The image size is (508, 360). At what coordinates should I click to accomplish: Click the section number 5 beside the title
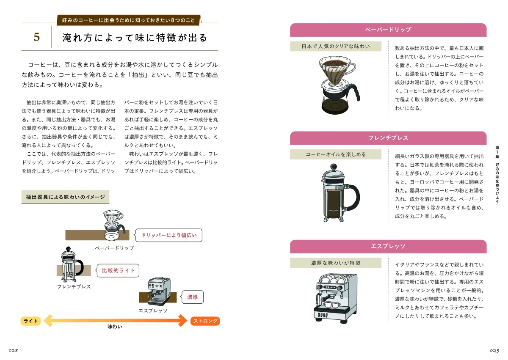[x=37, y=38]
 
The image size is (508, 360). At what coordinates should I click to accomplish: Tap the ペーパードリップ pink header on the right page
[x=388, y=30]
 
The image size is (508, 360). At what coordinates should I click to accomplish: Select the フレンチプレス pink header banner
[x=388, y=138]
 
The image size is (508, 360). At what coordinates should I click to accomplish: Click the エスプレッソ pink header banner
[x=388, y=246]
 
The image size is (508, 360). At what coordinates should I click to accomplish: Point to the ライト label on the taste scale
[x=31, y=321]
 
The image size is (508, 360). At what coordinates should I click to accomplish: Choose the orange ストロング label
[x=205, y=321]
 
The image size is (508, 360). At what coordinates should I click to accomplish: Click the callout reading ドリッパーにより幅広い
[x=168, y=235]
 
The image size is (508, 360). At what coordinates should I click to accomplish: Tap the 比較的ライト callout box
[x=118, y=271]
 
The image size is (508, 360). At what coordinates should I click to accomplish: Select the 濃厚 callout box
[x=192, y=297]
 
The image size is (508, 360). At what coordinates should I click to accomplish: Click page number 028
[x=12, y=351]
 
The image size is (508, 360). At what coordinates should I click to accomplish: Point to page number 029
[x=495, y=351]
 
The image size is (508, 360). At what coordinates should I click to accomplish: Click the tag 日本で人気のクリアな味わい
[x=335, y=47]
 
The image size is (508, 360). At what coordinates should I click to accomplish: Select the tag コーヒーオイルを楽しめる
[x=335, y=154]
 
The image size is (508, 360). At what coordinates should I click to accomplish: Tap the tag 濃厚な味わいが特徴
[x=335, y=263]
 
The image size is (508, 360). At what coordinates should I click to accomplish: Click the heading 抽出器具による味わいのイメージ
[x=65, y=197]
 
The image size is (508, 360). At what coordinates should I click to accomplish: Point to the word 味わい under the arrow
[x=115, y=327]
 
